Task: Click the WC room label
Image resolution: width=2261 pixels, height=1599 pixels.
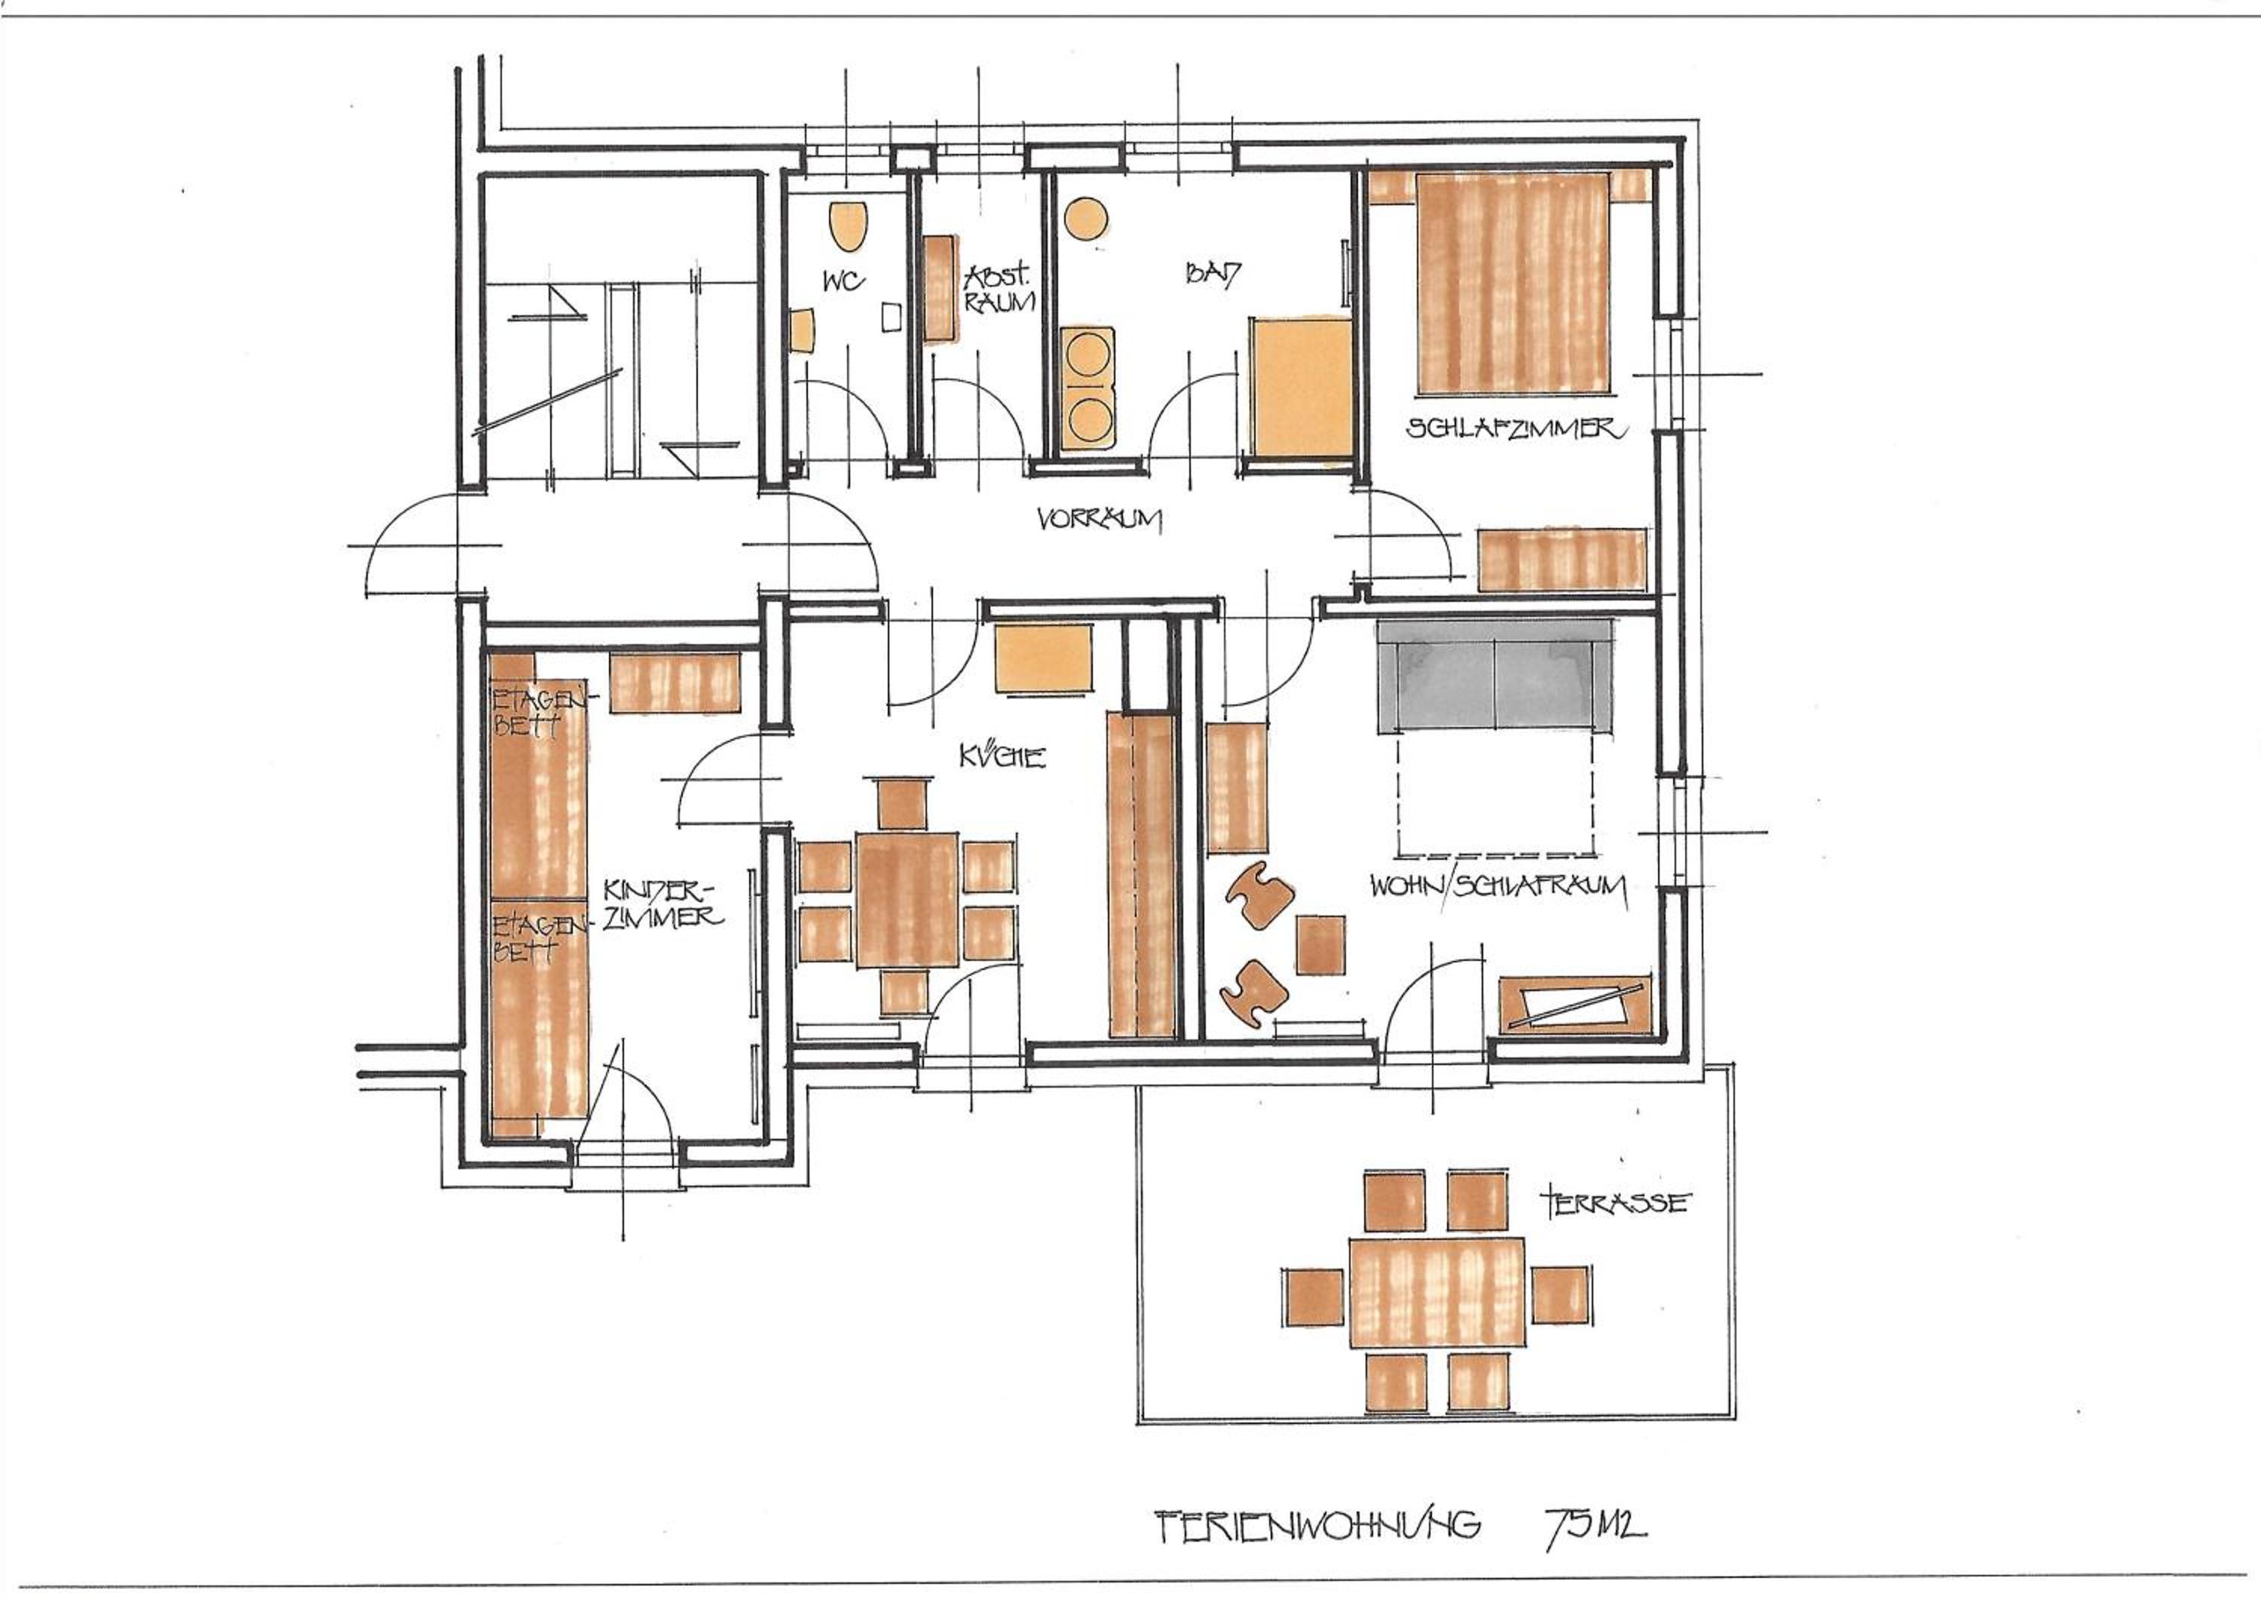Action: (x=844, y=282)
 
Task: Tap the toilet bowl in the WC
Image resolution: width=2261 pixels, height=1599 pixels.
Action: (x=848, y=226)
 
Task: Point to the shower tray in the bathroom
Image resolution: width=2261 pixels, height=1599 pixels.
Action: (x=1300, y=387)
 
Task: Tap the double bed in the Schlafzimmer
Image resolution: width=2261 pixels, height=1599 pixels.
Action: (x=1513, y=283)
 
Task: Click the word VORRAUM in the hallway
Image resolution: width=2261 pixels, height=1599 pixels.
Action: (x=1099, y=519)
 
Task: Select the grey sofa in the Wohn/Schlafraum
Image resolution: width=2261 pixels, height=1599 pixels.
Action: (x=1495, y=676)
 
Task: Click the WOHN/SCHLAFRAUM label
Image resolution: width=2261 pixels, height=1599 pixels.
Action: (x=1498, y=887)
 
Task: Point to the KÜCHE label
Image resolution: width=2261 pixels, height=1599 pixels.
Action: (x=1002, y=757)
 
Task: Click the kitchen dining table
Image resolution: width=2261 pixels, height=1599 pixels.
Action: (x=907, y=900)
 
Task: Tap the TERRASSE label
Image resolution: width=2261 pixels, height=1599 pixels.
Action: (x=1616, y=1202)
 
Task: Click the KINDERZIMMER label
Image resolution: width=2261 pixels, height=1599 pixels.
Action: (x=662, y=904)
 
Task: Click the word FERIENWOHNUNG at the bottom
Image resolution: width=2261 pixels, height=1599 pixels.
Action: (x=1317, y=1525)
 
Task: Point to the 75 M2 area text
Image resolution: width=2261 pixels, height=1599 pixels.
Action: (x=1594, y=1524)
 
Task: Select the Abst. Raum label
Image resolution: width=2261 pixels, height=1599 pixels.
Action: (x=999, y=289)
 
